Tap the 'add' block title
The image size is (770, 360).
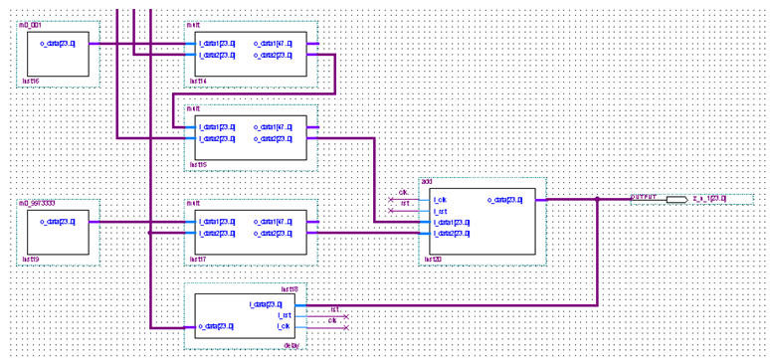pyautogui.click(x=427, y=181)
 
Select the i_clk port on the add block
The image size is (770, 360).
pyautogui.click(x=440, y=200)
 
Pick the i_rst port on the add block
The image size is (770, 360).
pyautogui.click(x=440, y=211)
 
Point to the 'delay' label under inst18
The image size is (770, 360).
pyautogui.click(x=291, y=345)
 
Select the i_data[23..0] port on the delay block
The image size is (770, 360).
pyautogui.click(x=266, y=304)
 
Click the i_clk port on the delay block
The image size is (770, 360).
pyautogui.click(x=284, y=326)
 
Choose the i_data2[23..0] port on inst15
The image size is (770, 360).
pyautogui.click(x=217, y=138)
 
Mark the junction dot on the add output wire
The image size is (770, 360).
pyautogui.click(x=597, y=199)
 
